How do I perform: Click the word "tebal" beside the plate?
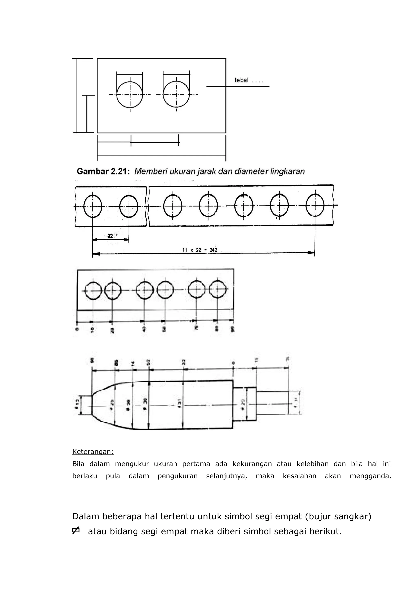pyautogui.click(x=241, y=80)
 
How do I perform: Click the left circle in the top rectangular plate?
pyautogui.click(x=130, y=95)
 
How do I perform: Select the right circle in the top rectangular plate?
pyautogui.click(x=176, y=95)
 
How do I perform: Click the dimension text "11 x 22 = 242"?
pyautogui.click(x=200, y=250)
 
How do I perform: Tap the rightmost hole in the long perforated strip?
pyautogui.click(x=315, y=205)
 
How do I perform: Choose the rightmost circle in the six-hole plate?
pyautogui.click(x=218, y=289)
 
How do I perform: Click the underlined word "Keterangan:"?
pyautogui.click(x=93, y=452)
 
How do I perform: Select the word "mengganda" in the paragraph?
pyautogui.click(x=370, y=476)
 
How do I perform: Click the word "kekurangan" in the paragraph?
pyautogui.click(x=252, y=464)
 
